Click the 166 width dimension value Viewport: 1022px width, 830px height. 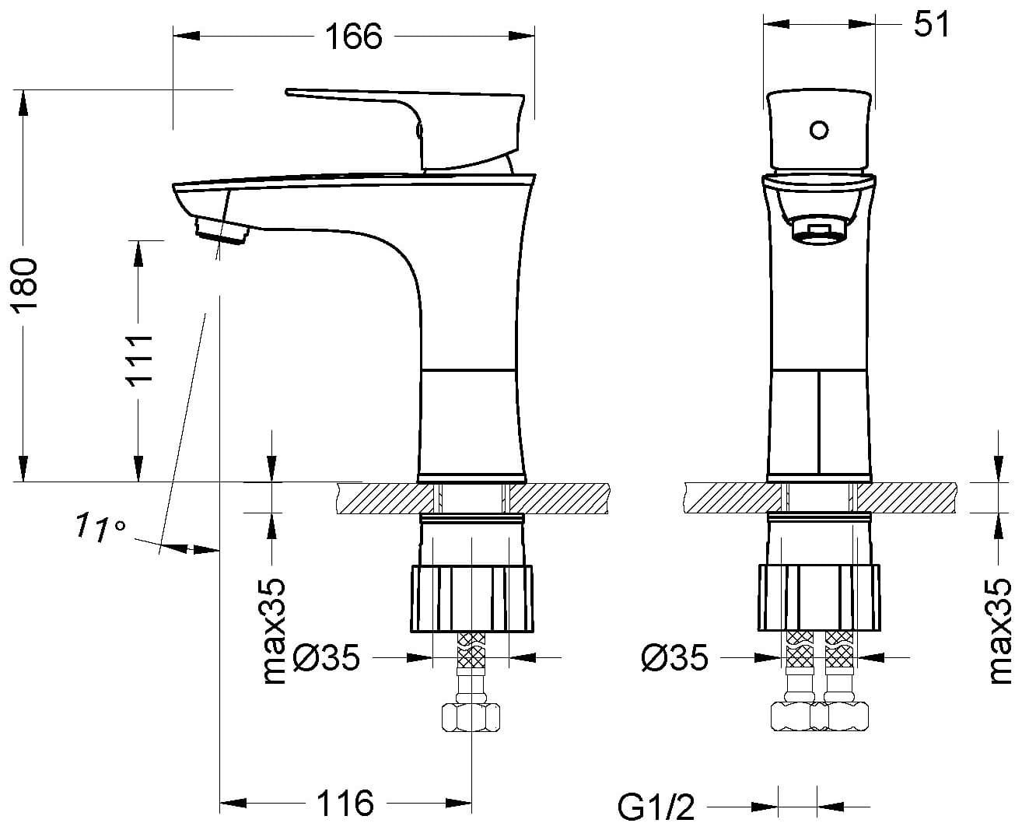pos(354,37)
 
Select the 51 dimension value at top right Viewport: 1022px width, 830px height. pos(931,24)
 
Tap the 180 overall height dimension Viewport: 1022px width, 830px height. pos(26,286)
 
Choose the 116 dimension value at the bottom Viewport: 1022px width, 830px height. pos(345,803)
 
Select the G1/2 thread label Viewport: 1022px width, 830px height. pos(656,807)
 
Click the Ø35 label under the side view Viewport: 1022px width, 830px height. pos(326,658)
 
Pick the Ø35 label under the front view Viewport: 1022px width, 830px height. pos(674,658)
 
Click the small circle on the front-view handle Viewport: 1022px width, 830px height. pos(818,130)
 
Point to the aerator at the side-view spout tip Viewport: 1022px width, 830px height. pos(222,231)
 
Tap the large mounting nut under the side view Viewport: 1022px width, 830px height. pos(472,599)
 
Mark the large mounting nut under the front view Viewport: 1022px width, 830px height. pos(819,597)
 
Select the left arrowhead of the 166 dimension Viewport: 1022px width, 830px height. pos(186,36)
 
